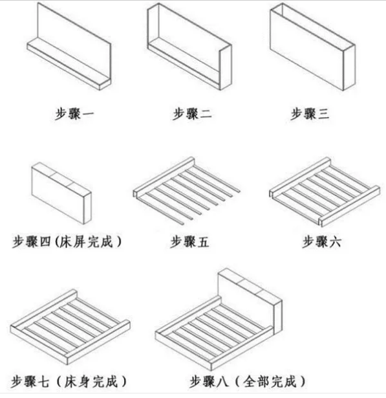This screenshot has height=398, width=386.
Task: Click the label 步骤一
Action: click(74, 114)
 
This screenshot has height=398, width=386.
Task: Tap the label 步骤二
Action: click(192, 114)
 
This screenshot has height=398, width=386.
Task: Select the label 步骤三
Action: click(310, 114)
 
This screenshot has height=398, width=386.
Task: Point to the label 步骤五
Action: click(189, 241)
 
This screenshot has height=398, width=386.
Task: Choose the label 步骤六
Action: click(321, 241)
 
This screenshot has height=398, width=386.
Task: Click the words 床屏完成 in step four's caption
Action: click(86, 241)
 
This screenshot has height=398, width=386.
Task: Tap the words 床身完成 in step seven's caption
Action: click(91, 382)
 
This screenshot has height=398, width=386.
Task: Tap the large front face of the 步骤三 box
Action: click(306, 49)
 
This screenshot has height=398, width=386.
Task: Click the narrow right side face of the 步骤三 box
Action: click(349, 67)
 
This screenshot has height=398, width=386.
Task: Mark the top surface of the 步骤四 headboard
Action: click(61, 177)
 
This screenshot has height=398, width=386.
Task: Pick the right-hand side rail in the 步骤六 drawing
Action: click(350, 206)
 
